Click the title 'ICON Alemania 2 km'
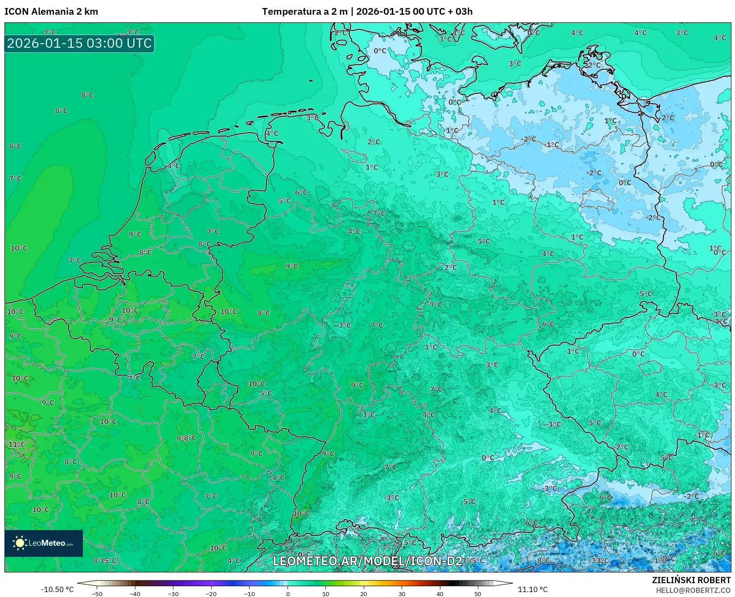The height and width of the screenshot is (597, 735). [x=51, y=12]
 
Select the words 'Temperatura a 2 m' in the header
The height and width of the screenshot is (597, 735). [x=304, y=12]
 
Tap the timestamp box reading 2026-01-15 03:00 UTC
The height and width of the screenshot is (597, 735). [x=79, y=44]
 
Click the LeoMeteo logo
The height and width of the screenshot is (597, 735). [x=44, y=543]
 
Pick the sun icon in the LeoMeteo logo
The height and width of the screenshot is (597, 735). [x=20, y=543]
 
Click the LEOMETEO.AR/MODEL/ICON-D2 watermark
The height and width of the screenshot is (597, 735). [x=367, y=561]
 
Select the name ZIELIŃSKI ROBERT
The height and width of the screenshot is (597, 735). [x=691, y=580]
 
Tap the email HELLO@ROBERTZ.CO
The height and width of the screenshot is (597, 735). [x=693, y=590]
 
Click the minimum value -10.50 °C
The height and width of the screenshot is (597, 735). [x=57, y=589]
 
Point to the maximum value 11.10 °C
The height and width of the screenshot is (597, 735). [x=532, y=589]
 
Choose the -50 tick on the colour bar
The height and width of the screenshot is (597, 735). [x=97, y=594]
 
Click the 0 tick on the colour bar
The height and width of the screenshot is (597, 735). [x=288, y=594]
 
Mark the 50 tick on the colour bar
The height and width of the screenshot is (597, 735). [x=478, y=594]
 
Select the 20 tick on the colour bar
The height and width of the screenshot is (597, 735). [x=364, y=594]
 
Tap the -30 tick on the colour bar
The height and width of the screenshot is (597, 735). [x=173, y=594]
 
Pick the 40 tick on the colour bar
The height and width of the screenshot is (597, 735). [x=440, y=594]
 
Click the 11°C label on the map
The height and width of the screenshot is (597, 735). [x=17, y=444]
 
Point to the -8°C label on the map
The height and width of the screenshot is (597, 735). [x=542, y=561]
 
